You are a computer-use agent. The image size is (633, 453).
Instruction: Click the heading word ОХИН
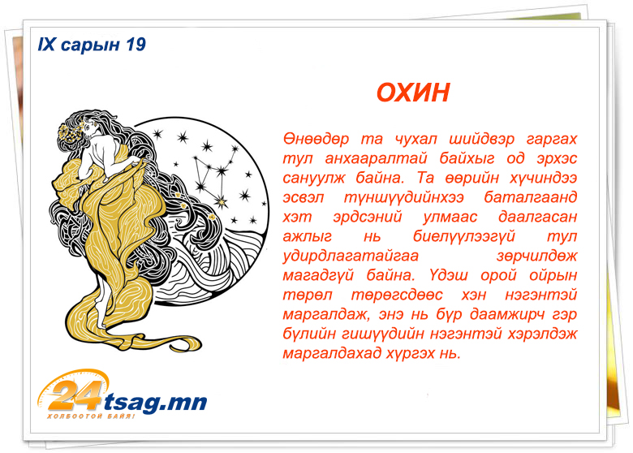tap(412, 93)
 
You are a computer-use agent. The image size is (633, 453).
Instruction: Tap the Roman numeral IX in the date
tap(46, 45)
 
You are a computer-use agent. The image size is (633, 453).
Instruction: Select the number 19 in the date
tap(136, 45)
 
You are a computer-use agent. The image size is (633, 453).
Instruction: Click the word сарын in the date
tap(90, 45)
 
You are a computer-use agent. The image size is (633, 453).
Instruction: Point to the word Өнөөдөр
tap(316, 139)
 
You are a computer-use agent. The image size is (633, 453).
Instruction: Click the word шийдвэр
tap(481, 140)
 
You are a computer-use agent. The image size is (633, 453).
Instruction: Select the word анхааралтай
tap(376, 158)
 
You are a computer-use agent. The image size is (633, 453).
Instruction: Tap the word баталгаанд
tap(531, 197)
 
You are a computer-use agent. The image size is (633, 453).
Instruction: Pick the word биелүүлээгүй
tap(464, 236)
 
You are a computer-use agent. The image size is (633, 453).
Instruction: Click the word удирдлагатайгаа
tap(351, 256)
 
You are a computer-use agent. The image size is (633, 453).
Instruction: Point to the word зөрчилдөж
tap(536, 256)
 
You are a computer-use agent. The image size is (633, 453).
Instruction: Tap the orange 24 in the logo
tap(75, 394)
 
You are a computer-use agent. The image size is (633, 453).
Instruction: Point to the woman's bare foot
tap(101, 317)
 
